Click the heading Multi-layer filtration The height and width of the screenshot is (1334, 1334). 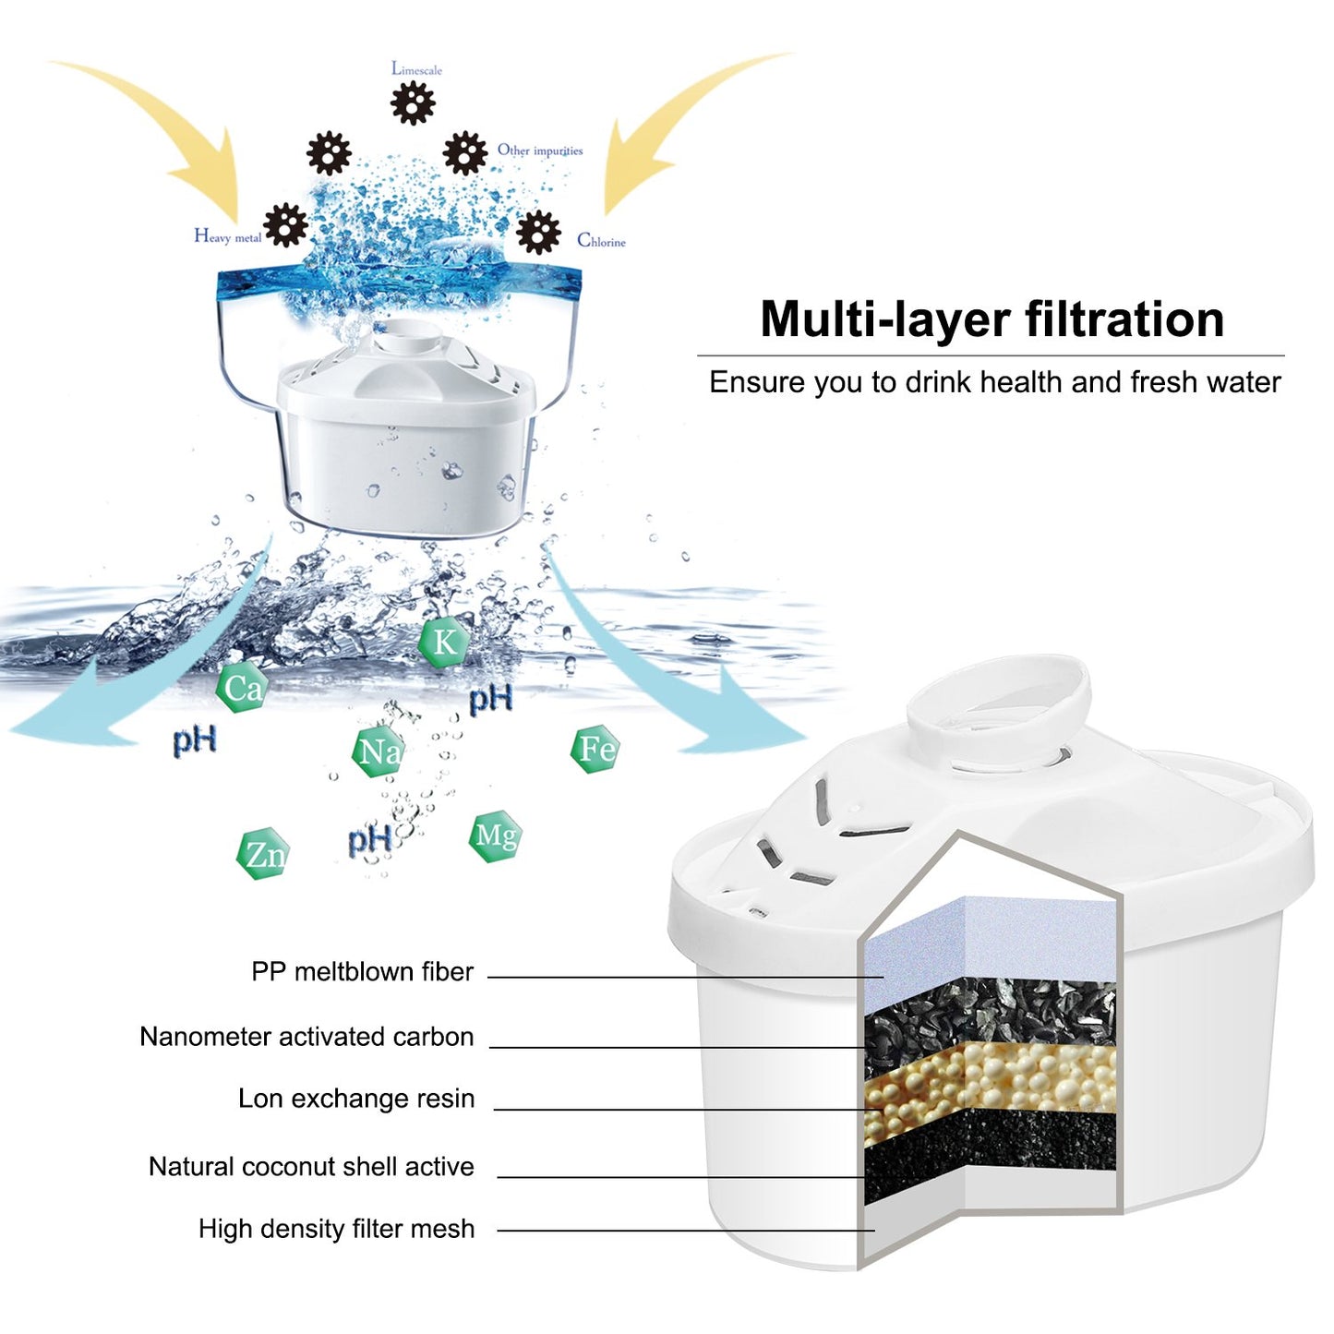991,319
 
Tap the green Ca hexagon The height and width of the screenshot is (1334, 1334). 242,688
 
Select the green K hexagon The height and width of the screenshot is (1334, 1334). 444,642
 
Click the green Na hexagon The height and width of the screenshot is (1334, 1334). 379,751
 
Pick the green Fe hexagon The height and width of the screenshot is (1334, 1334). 595,749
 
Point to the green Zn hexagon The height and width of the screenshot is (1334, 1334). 264,854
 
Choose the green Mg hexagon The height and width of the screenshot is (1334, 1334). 495,836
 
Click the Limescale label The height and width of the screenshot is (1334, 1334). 416,69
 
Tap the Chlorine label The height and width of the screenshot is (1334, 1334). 601,241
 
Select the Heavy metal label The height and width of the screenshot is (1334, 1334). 227,236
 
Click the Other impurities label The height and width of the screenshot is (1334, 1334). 540,150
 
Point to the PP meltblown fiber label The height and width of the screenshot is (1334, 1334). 362,971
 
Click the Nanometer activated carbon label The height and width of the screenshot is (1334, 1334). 306,1037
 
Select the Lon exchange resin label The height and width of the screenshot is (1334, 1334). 356,1099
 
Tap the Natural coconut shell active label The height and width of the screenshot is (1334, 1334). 311,1167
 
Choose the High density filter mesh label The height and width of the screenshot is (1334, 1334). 336,1229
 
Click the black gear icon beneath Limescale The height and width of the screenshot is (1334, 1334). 413,102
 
